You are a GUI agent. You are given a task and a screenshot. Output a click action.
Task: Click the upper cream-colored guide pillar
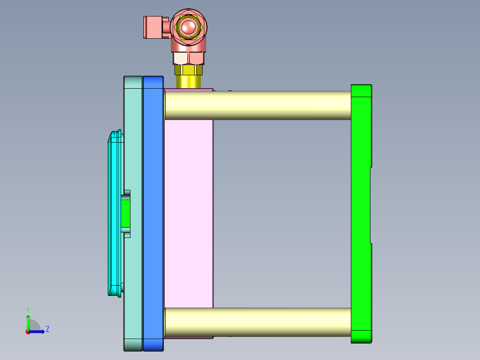tap(258, 105)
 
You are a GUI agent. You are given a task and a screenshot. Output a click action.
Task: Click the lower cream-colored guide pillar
tap(258, 322)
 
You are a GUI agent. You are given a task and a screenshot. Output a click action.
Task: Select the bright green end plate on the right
tap(360, 214)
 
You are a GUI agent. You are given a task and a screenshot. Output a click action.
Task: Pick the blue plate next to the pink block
tap(153, 214)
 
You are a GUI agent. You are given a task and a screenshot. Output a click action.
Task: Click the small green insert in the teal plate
tap(126, 213)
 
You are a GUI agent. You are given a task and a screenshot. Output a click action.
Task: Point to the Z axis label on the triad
tap(48, 329)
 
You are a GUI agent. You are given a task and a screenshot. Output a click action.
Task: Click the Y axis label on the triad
tap(28, 309)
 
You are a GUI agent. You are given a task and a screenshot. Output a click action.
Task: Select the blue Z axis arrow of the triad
tap(38, 331)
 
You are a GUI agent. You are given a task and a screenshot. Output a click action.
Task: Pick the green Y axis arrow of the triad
tap(28, 321)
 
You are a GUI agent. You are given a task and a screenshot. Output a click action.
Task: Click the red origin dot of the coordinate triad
tap(28, 332)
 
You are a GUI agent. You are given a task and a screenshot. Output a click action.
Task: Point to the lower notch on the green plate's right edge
tap(371, 244)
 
